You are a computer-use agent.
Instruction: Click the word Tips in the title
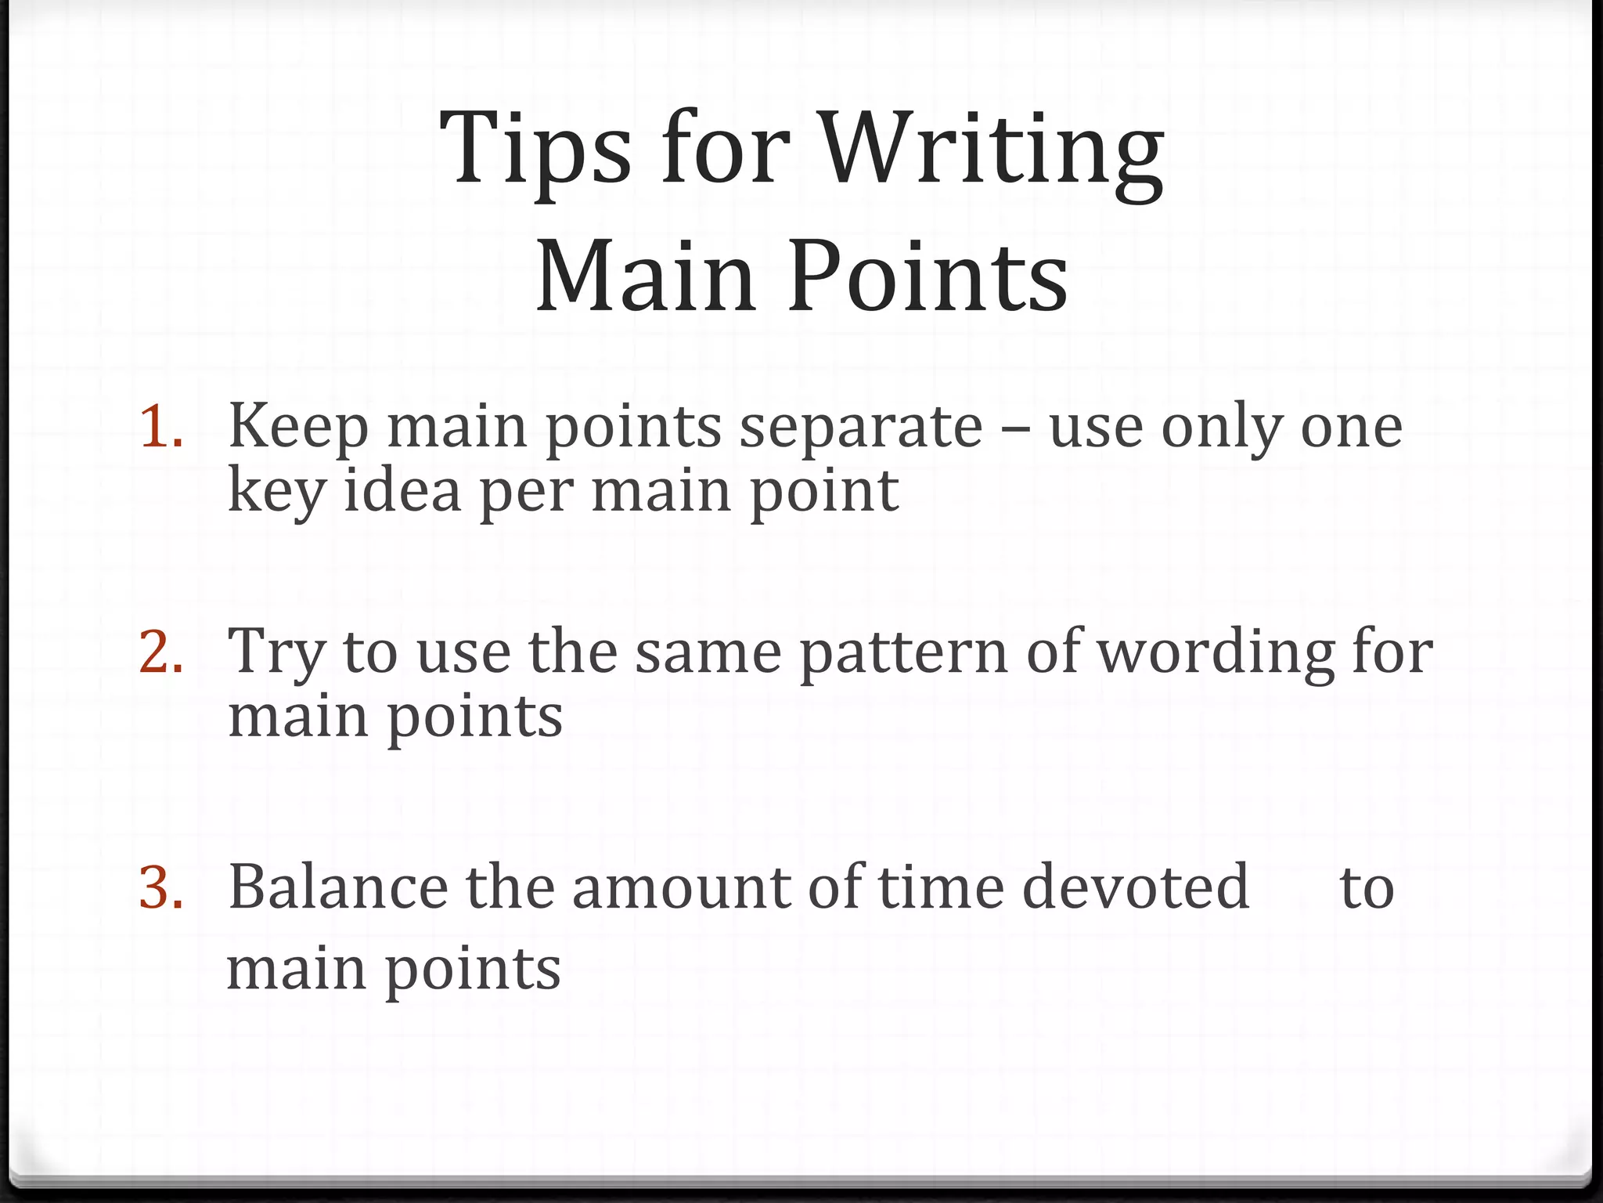pyautogui.click(x=536, y=149)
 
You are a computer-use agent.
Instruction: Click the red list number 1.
pyautogui.click(x=161, y=428)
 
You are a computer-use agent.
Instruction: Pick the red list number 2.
pyautogui.click(x=161, y=652)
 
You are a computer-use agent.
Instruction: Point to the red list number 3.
pyautogui.click(x=161, y=888)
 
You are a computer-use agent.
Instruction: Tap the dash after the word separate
pyautogui.click(x=1016, y=429)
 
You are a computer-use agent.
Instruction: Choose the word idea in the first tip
pyautogui.click(x=402, y=491)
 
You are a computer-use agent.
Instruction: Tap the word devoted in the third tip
pyautogui.click(x=1135, y=888)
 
